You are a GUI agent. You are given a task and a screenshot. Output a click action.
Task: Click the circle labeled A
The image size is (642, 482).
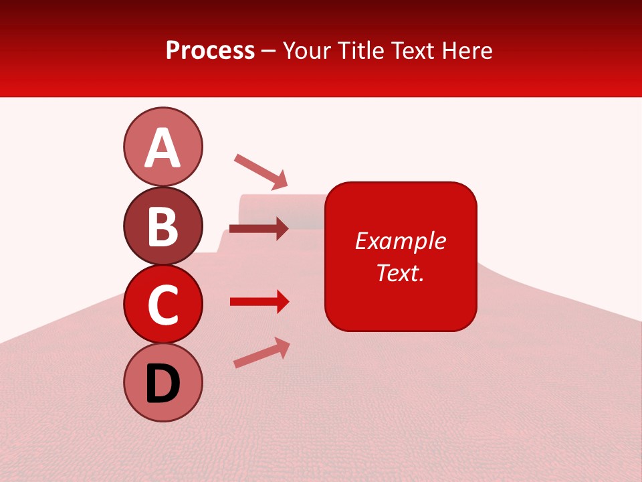tap(163, 147)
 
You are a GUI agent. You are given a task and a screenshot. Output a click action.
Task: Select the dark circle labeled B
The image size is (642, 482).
tap(163, 226)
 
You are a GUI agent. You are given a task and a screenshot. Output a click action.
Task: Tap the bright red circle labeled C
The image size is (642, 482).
tap(163, 304)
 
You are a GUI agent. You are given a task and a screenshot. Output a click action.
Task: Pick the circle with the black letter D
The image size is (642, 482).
tap(163, 383)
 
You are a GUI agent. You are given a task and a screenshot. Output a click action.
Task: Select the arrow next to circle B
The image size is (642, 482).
tap(258, 229)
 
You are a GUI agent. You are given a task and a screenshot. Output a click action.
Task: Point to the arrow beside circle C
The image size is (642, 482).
tap(258, 302)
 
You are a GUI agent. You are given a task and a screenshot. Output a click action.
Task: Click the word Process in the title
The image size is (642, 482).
tap(210, 50)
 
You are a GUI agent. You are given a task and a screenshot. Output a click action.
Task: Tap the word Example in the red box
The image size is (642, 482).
tap(400, 241)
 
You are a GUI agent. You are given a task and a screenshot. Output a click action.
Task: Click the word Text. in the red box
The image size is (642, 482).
tap(400, 272)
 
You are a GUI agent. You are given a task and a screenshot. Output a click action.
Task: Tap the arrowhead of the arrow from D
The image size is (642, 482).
tap(282, 346)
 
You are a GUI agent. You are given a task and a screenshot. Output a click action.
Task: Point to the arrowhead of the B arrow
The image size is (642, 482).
tap(282, 229)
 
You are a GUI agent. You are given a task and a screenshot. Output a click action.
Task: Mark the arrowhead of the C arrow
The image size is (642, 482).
tap(282, 302)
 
